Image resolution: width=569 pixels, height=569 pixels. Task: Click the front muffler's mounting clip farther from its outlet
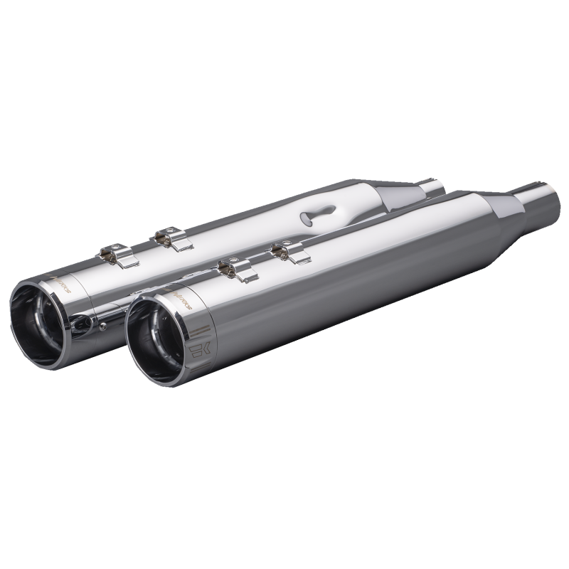tap(284, 252)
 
